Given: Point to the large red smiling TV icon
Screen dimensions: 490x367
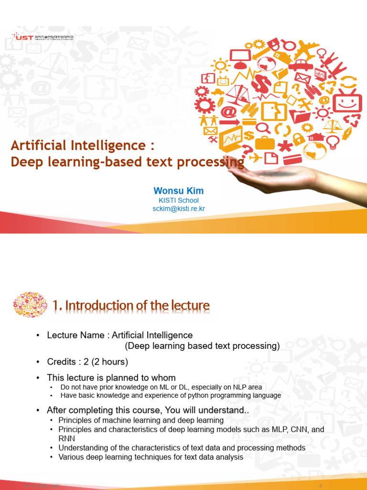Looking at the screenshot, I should point(346,101).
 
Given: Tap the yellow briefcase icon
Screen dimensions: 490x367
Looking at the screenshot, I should point(265,142).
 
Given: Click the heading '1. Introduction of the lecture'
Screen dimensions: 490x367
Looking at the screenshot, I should point(131,305).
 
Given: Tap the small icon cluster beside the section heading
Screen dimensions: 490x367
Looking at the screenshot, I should point(31,304).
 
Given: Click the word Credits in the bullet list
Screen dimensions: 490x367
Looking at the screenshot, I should point(61,361).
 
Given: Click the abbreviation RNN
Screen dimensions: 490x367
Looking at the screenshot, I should point(67,438).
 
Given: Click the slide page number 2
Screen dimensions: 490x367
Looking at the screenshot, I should point(321,486).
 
